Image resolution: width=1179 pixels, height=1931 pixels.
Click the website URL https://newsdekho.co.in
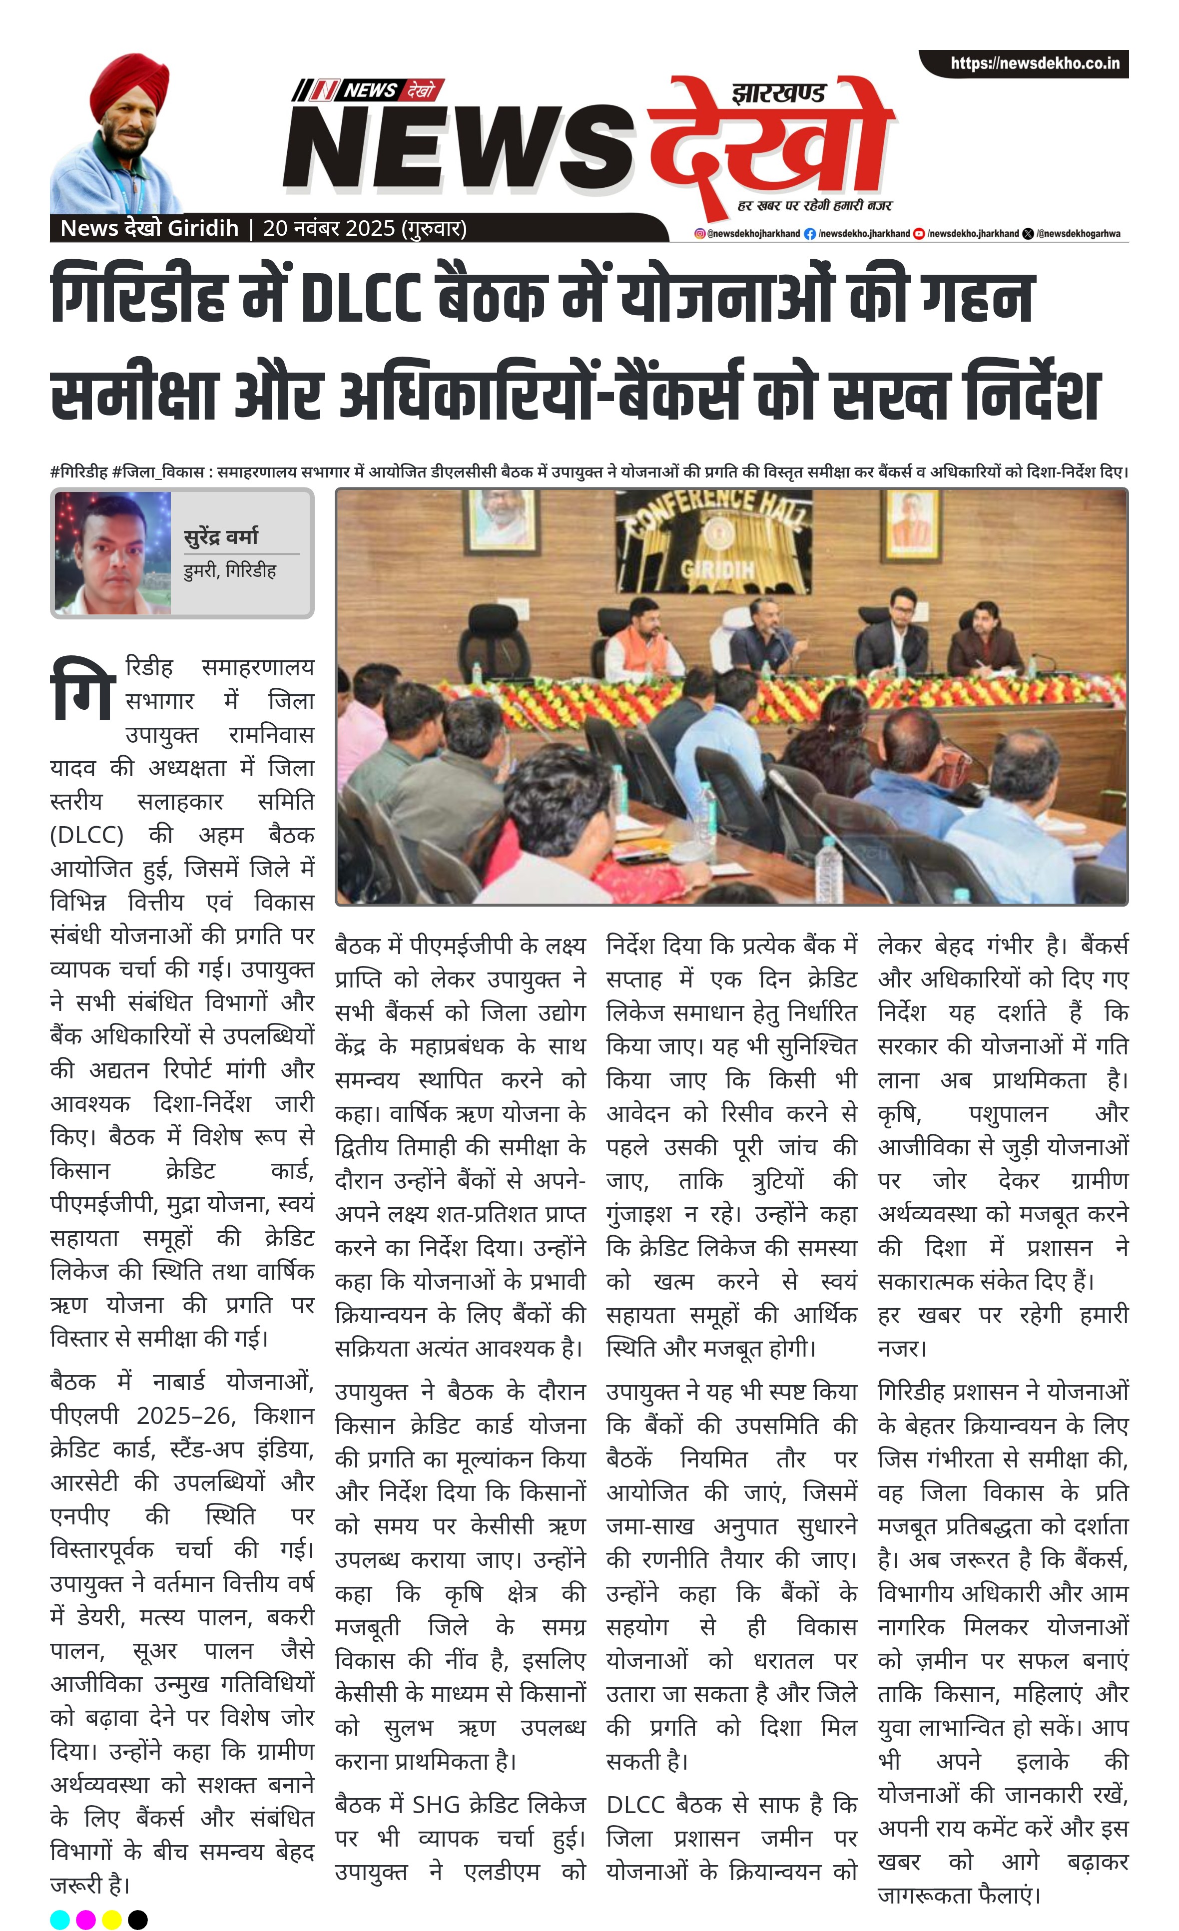(1034, 63)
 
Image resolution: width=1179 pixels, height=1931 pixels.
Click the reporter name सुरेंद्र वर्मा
(220, 537)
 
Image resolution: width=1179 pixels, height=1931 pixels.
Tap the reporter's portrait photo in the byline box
(112, 552)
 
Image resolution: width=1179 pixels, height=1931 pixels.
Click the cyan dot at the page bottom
(59, 1919)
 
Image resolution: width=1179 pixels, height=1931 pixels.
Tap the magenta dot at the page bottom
(85, 1919)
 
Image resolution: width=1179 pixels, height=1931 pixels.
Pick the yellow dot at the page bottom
(111, 1919)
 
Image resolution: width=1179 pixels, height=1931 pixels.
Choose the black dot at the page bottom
(137, 1919)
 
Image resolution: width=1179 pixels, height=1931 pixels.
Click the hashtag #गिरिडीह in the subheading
(78, 472)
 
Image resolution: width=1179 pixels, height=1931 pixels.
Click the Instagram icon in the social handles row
(700, 234)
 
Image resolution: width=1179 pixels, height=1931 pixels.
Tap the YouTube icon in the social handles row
(920, 234)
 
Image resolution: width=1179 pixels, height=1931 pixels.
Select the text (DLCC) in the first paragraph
(86, 835)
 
